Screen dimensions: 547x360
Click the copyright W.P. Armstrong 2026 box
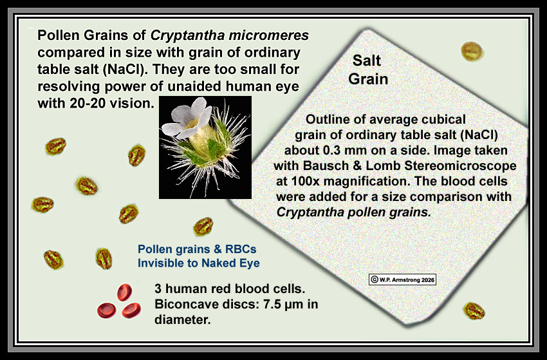[402, 279]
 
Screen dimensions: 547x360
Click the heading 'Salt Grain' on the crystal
[368, 70]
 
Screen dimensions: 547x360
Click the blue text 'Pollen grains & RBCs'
[197, 249]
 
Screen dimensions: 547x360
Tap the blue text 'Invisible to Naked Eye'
[198, 263]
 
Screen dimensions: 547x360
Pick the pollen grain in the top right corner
[472, 51]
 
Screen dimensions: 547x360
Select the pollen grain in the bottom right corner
[474, 311]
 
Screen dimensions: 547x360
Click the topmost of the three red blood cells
[124, 292]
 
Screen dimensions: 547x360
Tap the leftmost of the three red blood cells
[106, 310]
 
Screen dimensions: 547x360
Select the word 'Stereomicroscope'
[460, 166]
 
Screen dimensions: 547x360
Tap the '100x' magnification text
[305, 181]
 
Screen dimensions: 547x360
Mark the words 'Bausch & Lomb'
[352, 166]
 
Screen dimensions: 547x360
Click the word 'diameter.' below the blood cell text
[183, 319]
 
